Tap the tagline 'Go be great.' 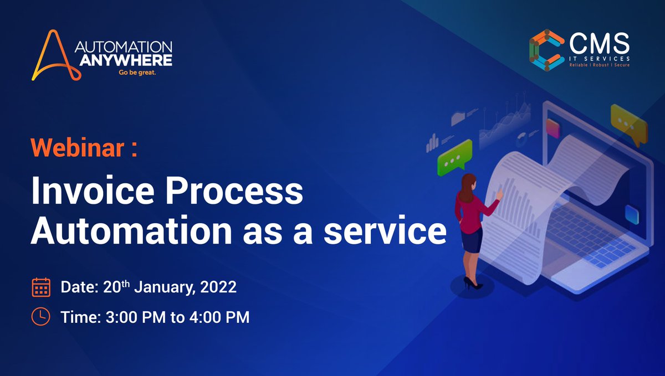tap(137, 72)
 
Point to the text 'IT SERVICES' tap(599, 57)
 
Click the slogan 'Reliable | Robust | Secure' tap(599, 65)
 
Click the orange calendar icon tap(42, 287)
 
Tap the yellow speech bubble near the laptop tap(629, 123)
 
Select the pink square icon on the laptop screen tap(553, 128)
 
